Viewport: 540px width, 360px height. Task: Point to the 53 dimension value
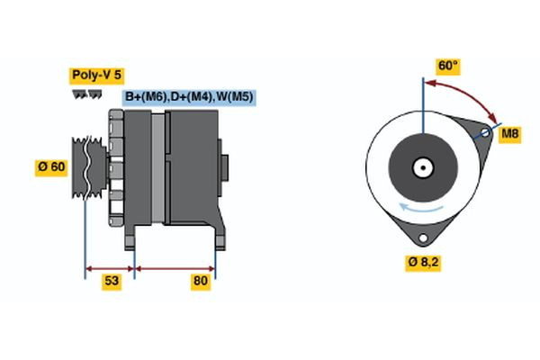112,282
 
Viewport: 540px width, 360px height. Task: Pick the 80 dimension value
201,282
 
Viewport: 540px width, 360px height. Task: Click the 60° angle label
447,65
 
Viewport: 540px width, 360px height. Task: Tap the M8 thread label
510,135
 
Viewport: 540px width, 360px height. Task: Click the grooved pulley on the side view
87,167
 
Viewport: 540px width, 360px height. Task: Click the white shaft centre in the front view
421,166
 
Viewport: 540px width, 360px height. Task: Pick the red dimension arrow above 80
175,267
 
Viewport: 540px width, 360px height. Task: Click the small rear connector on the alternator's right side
224,167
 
